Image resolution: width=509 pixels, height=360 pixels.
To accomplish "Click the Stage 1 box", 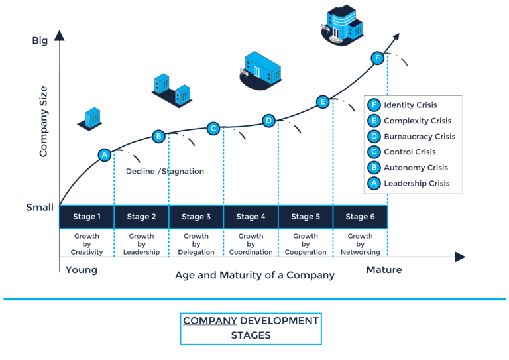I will [x=86, y=217].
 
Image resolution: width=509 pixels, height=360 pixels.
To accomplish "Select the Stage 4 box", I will [x=251, y=217].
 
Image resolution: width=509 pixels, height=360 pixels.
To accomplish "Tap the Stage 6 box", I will [x=360, y=217].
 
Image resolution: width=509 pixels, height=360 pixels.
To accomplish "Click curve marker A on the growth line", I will [x=104, y=155].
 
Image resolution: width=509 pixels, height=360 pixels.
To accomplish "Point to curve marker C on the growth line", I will [x=213, y=129].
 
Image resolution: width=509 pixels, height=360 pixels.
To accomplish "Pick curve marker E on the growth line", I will [x=323, y=101].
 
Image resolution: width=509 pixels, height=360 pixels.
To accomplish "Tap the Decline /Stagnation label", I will [x=165, y=171].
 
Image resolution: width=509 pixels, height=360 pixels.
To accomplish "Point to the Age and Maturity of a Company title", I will [x=254, y=274].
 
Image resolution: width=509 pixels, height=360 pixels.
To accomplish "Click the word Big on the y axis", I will [x=40, y=41].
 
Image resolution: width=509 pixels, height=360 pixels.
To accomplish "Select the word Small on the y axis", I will [x=40, y=207].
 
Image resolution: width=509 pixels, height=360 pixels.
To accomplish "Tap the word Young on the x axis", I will [x=82, y=270].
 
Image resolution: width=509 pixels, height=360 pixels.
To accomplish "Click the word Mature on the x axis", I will [x=384, y=270].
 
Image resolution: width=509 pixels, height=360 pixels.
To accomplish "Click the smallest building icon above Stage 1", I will [x=90, y=118].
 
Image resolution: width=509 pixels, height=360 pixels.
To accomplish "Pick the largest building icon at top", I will [x=343, y=25].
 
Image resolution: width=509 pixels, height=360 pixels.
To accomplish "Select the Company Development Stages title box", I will [x=251, y=328].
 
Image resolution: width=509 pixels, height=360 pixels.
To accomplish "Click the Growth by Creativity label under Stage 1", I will [x=86, y=243].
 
